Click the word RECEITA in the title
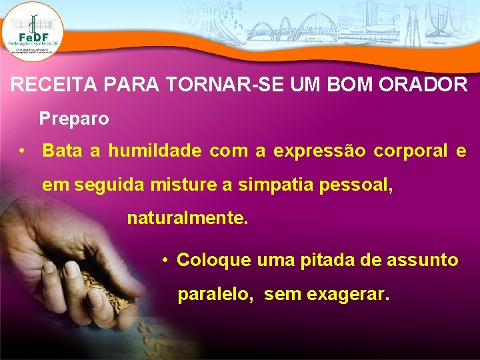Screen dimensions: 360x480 (x=45, y=85)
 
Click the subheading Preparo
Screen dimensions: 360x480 (x=74, y=119)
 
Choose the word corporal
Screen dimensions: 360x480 (x=411, y=151)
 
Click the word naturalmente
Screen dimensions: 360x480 (x=187, y=218)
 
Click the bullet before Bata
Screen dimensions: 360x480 (x=23, y=151)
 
